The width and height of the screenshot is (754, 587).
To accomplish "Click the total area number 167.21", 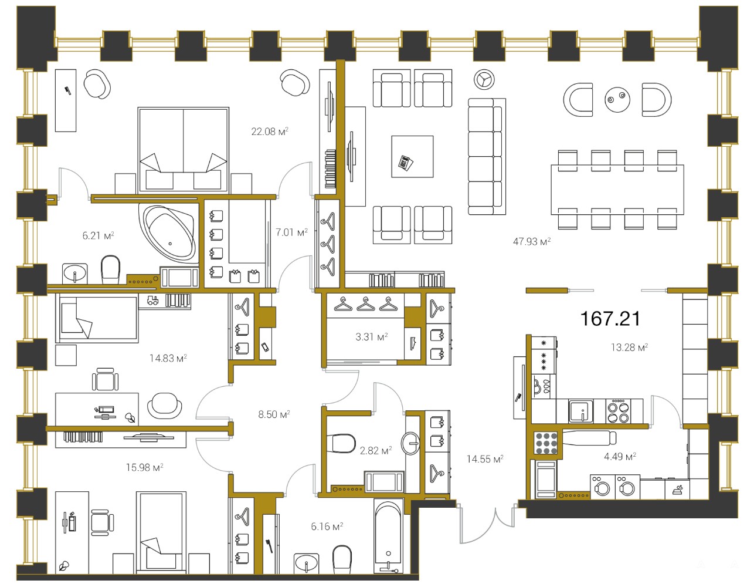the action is (x=610, y=319).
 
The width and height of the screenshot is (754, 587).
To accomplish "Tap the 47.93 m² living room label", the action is (x=532, y=241).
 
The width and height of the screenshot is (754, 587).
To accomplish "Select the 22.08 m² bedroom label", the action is (x=270, y=131).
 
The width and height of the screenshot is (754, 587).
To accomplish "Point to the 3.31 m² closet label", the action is (x=372, y=336).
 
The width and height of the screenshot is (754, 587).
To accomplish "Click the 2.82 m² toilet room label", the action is (x=376, y=450).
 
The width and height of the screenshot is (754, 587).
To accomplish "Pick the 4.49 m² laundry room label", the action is (x=620, y=456).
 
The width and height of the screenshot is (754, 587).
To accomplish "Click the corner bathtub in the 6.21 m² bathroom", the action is (x=169, y=232).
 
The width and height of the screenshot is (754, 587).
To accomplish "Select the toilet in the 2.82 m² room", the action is (x=344, y=443).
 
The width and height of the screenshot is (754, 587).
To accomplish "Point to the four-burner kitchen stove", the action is (x=619, y=411).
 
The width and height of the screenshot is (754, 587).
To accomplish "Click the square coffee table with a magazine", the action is (x=412, y=157).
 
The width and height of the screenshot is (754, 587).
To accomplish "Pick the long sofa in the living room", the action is (x=487, y=156).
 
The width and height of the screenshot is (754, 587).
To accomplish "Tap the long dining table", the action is (x=617, y=190).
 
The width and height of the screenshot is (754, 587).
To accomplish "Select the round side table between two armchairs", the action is (x=617, y=99).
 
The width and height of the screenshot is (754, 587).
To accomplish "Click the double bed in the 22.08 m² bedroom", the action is (x=183, y=150).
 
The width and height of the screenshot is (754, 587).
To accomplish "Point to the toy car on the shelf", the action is (x=152, y=300).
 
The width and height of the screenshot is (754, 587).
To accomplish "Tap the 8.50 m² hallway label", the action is (x=274, y=414).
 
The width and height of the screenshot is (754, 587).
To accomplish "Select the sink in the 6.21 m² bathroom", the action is (x=75, y=273).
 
